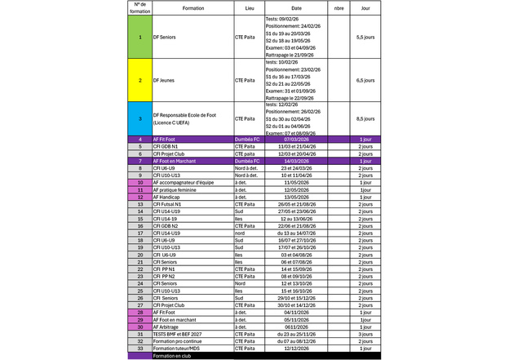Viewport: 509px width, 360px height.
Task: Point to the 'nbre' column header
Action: tap(339, 7)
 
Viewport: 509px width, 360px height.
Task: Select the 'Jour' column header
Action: tap(365, 7)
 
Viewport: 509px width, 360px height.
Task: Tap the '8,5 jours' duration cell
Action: tap(365, 118)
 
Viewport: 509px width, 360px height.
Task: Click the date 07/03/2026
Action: tap(294, 140)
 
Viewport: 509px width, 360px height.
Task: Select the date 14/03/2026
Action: tap(294, 161)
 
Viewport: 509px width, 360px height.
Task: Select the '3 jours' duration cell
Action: tap(365, 334)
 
